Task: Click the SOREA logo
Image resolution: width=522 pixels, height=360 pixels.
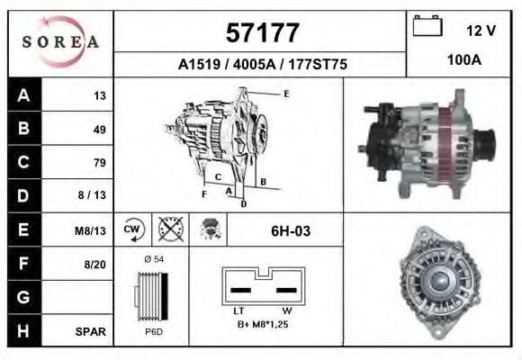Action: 59,41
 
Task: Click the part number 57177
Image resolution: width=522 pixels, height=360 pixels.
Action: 261,34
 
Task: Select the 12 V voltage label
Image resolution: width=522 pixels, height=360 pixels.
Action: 481,31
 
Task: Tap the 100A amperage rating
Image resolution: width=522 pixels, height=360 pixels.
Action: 464,60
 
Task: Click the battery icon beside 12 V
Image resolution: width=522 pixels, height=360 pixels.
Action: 426,27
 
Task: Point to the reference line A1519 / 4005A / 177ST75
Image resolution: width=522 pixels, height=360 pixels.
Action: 262,65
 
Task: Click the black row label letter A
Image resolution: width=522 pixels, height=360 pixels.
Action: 22,95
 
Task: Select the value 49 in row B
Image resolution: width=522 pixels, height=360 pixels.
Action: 100,129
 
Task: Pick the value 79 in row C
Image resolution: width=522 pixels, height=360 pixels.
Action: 100,163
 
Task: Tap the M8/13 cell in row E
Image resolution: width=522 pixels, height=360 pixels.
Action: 91,230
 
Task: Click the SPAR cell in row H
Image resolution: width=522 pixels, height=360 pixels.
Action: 93,331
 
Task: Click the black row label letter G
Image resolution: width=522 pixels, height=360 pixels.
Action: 22,298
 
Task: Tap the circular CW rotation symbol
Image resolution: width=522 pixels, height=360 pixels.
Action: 132,230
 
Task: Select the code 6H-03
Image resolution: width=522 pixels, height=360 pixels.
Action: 291,231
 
